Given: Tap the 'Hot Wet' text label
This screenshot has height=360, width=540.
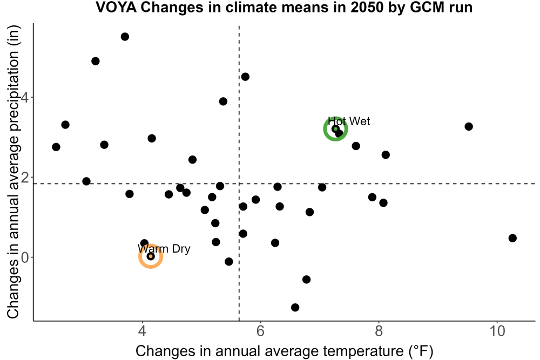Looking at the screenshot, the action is point(349,121).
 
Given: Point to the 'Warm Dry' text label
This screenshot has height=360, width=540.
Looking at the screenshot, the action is point(164,248).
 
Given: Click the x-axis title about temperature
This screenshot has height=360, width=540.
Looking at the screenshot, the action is point(285,351).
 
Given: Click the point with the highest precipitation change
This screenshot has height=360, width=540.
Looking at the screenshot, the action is point(125,37).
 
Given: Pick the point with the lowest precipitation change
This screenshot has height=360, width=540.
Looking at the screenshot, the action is point(295,307).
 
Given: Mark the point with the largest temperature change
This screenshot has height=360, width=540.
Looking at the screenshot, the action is point(512,238).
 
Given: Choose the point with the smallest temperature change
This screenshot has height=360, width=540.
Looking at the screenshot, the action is point(56,147).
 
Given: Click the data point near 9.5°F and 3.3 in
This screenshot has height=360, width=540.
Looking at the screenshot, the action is point(469,127).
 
